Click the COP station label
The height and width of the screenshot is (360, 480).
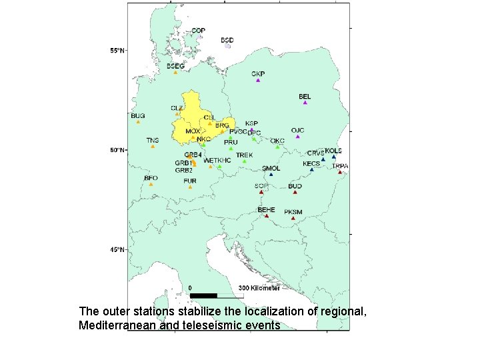[x=198, y=30]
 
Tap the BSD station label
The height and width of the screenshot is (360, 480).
[x=227, y=40]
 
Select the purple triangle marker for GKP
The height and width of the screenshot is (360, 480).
[x=258, y=80]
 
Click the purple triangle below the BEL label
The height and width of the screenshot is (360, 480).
[x=305, y=103]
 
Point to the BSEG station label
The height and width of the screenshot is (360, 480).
[x=175, y=66]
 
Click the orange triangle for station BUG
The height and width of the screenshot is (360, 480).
[x=138, y=122]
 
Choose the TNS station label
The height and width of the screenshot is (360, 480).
[x=153, y=140]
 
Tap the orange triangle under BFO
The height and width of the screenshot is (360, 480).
[x=151, y=185]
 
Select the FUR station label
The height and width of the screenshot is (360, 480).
[x=190, y=181]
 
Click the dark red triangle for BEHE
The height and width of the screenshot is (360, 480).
[x=267, y=216]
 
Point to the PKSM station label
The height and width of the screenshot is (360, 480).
[x=293, y=212]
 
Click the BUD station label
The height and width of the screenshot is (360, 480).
[x=295, y=186]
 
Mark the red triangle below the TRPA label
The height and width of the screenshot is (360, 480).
[x=340, y=172]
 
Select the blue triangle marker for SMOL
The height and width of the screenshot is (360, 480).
[x=271, y=175]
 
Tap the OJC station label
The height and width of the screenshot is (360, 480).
[x=297, y=129]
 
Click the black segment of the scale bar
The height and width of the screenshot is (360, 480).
[x=204, y=295]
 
